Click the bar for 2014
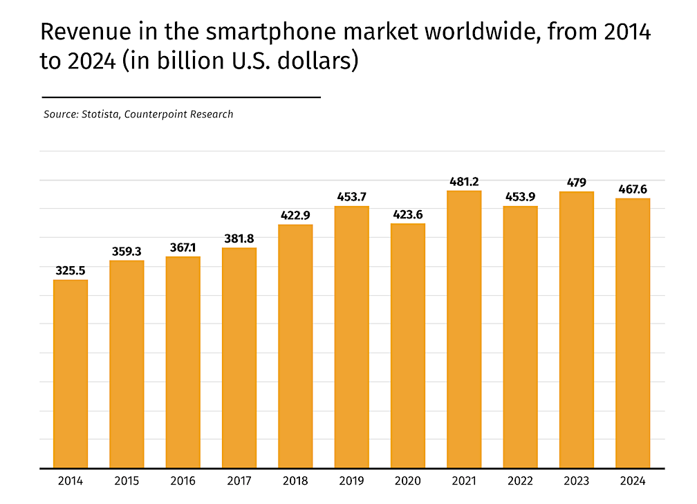click(x=71, y=373)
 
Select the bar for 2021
click(x=464, y=329)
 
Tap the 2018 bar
click(x=295, y=346)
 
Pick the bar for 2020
click(x=408, y=346)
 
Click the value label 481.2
click(x=464, y=182)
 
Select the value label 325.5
click(x=71, y=271)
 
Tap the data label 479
click(x=577, y=183)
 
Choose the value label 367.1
click(x=183, y=248)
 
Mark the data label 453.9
click(x=520, y=197)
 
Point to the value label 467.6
click(x=633, y=189)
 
